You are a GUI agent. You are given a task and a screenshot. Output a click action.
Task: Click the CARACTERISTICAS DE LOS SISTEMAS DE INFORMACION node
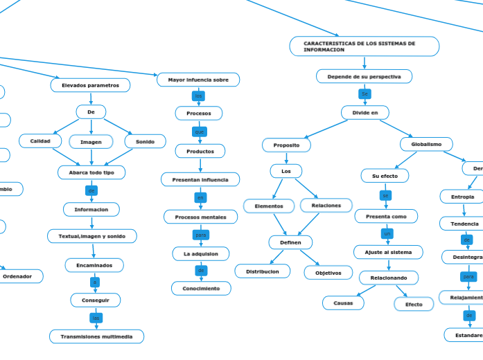pos(364,46)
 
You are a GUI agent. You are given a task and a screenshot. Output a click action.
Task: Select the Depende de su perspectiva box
pos(364,77)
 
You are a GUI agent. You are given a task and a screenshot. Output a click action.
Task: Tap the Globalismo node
pos(426,144)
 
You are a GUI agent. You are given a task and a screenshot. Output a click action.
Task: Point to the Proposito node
pos(286,145)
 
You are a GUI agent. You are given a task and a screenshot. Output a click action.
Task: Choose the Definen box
pos(290,242)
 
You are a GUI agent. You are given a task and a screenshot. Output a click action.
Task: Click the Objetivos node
pos(328,273)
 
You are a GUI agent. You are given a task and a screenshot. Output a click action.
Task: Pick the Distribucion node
pos(263,271)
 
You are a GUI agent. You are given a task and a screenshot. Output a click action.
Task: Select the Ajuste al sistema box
pos(388,253)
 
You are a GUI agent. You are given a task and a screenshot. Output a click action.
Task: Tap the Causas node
pos(343,303)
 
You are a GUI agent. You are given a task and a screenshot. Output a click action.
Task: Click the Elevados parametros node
pos(90,85)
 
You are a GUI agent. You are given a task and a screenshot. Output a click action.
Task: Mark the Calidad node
pos(40,141)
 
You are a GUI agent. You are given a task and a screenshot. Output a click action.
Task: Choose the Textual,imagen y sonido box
pos(92,236)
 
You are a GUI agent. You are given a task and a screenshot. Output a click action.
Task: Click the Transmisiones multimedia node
pos(96,336)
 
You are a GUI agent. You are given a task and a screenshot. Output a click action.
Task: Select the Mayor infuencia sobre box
pos(198,80)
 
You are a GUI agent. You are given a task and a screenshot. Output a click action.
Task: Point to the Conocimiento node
pos(201,288)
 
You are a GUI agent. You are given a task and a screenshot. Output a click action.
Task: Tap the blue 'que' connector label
pos(200,132)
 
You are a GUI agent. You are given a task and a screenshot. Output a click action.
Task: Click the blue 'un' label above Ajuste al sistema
pos(387,234)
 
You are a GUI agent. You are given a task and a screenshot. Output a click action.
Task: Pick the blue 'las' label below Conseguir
pos(96,318)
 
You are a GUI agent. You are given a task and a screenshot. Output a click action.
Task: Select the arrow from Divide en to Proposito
pos(326,129)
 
